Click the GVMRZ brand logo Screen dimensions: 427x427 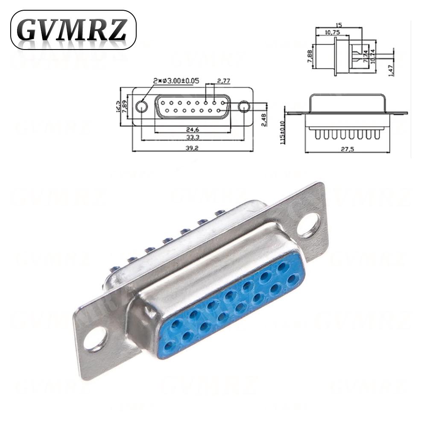coord(73,29)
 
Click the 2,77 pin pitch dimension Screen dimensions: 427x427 coord(225,80)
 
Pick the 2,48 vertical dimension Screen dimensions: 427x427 coord(264,120)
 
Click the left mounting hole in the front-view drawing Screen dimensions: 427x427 coord(142,106)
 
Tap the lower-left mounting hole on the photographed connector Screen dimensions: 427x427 coord(95,339)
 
